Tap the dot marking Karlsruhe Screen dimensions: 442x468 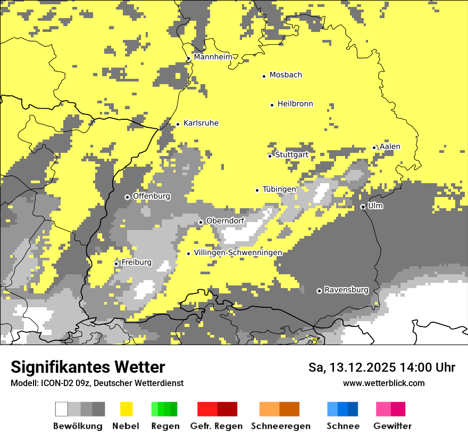tap(178, 124)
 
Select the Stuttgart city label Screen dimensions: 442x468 tap(291, 154)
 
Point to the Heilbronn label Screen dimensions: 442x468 tap(295, 104)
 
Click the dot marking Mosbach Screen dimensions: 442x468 tap(264, 76)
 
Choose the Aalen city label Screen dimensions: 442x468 tap(390, 146)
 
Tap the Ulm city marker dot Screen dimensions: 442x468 tap(363, 207)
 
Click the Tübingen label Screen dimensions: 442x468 tap(279, 189)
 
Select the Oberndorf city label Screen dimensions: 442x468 tap(225, 221)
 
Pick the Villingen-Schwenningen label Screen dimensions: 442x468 tap(238, 252)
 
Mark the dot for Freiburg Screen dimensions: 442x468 tap(116, 264)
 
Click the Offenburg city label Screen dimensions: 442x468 tap(152, 196)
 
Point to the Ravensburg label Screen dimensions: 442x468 tap(346, 290)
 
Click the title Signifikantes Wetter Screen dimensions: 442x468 tap(88, 367)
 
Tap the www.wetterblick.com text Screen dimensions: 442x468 tap(383, 383)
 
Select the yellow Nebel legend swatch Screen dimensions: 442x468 tap(126, 409)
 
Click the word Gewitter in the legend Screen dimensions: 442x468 tap(392, 426)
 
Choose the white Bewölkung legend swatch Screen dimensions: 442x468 tap(62, 409)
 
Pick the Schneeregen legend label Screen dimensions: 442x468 tap(280, 426)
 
